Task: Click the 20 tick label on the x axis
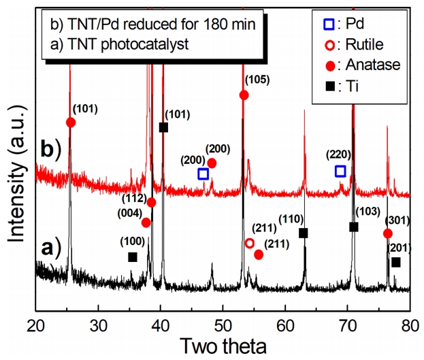(x=35, y=324)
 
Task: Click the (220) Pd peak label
(x=338, y=154)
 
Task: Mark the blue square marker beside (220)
(x=340, y=171)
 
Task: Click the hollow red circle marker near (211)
(x=250, y=243)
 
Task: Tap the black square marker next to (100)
(x=133, y=257)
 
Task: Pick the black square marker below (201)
(x=395, y=262)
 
